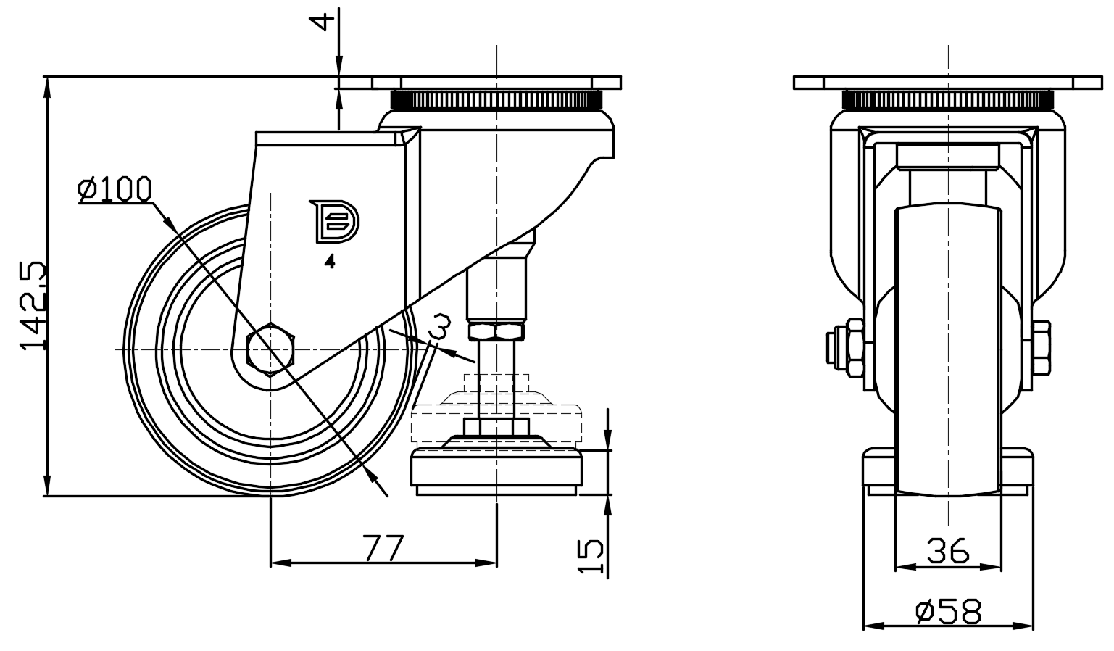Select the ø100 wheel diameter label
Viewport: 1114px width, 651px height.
115,189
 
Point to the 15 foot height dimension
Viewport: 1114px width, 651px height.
594,556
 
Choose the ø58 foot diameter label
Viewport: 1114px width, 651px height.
948,611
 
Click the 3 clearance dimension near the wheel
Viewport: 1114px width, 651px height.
441,328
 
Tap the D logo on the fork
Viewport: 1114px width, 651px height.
333,221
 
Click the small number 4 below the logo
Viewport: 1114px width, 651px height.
330,262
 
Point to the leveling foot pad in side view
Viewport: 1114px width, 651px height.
496,471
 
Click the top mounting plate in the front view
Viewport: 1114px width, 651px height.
948,82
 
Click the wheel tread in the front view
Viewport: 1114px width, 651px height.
948,348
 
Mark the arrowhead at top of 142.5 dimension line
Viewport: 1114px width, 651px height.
47,85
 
